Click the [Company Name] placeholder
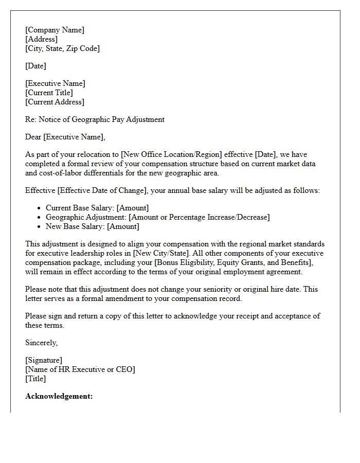(x=55, y=30)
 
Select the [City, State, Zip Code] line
(x=62, y=48)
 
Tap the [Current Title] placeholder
(x=49, y=93)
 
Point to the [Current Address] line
(x=55, y=102)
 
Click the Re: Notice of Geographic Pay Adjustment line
(x=95, y=119)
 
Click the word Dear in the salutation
(x=33, y=137)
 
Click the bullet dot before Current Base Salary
(x=40, y=208)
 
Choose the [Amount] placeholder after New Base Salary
(x=121, y=226)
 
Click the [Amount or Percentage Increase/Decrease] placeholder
(x=199, y=217)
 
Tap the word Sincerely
(x=42, y=343)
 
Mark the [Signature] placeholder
(x=44, y=360)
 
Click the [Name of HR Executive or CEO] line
(x=80, y=369)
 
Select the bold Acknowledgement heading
(x=59, y=396)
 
